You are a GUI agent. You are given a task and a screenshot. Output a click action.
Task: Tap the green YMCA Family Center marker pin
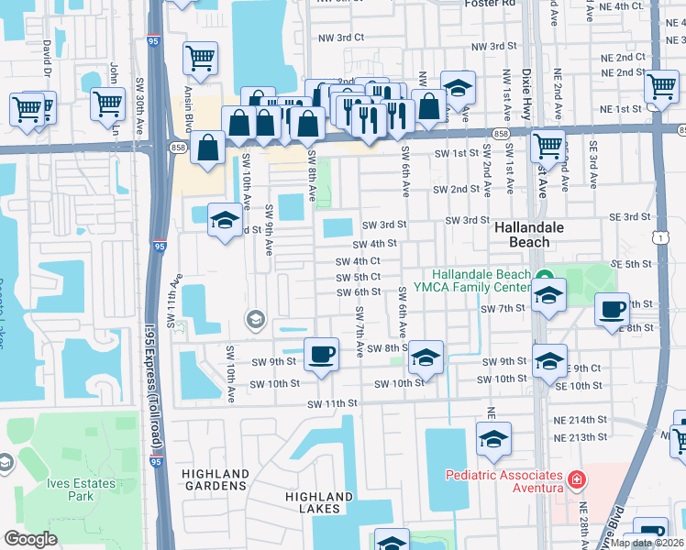[541, 275]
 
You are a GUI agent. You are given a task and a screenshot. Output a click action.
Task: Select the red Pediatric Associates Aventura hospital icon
[575, 480]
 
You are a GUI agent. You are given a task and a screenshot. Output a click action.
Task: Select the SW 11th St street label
[330, 404]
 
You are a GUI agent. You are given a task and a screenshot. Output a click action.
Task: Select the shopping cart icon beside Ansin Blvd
[200, 60]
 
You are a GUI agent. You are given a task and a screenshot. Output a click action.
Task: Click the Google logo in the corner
[31, 539]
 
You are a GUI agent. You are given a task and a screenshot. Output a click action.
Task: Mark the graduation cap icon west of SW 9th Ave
[224, 220]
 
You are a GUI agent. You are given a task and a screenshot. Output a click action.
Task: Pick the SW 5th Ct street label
[358, 278]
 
